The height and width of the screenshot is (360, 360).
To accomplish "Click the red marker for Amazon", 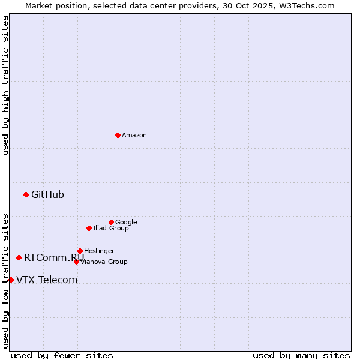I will tap(118, 135).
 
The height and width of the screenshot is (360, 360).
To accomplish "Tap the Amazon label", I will tap(134, 136).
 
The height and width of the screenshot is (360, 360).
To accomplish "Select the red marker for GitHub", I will tap(26, 194).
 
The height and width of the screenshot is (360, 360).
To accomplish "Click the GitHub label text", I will tap(47, 194).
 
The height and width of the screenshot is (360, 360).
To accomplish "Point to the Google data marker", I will tap(111, 222).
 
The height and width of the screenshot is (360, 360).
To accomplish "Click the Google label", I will tap(126, 222).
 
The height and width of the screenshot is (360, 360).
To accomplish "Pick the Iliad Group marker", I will tap(89, 228).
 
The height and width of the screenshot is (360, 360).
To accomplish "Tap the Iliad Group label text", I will tap(111, 228).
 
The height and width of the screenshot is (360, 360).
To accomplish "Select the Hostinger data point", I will tap(80, 251).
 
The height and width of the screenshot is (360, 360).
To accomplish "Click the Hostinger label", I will tap(99, 251).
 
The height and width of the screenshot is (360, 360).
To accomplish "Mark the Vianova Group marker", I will tap(76, 262).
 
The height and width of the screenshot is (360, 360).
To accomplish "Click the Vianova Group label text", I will tap(104, 262).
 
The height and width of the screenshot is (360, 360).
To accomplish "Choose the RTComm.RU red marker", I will tap(19, 257).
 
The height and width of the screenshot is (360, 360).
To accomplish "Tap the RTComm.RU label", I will tap(54, 257).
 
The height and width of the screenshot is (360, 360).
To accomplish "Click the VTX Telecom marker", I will tap(11, 280).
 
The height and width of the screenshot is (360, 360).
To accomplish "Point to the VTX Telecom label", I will tap(47, 280).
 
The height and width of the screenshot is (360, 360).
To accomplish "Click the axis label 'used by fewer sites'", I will tap(62, 355).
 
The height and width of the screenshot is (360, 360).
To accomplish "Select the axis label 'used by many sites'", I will tap(301, 355).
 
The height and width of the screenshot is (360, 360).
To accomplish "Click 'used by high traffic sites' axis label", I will tap(5, 85).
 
